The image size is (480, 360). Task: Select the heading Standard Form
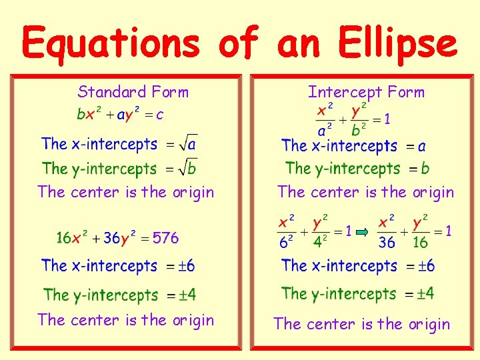pos(133,92)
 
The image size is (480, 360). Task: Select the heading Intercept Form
pos(366,92)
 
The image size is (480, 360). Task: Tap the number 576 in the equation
pos(165,237)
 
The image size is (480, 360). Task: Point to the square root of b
pos(189,168)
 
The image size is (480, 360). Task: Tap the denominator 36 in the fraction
pos(387,243)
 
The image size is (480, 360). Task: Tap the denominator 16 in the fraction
pos(420,243)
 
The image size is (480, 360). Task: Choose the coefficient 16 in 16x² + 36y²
pos(64,237)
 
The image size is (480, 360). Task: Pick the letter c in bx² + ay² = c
pos(160,115)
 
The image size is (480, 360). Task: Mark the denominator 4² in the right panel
pos(320,243)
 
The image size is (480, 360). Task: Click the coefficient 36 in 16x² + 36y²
pos(111,237)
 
